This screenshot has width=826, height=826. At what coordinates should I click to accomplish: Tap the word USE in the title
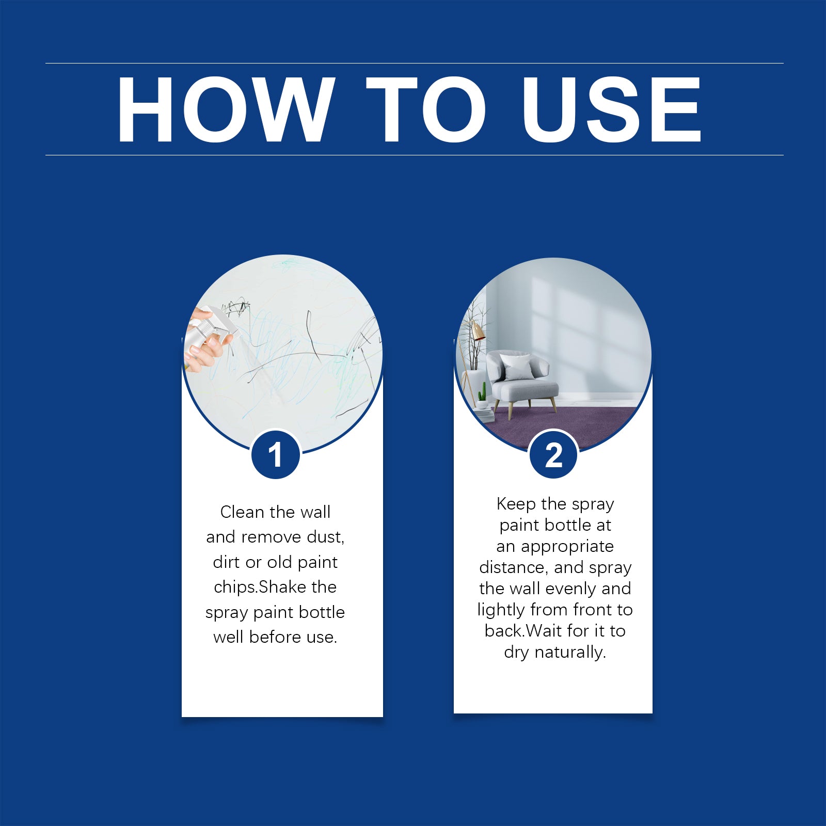click(x=611, y=109)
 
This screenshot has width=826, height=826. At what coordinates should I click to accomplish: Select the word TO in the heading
click(x=426, y=109)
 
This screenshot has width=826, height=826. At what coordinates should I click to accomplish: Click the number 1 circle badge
click(x=276, y=455)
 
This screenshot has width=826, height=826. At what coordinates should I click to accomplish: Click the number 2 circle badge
click(x=553, y=455)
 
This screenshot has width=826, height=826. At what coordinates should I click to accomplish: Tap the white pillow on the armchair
click(x=517, y=367)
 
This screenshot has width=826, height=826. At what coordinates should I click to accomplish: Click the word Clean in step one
click(x=242, y=512)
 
